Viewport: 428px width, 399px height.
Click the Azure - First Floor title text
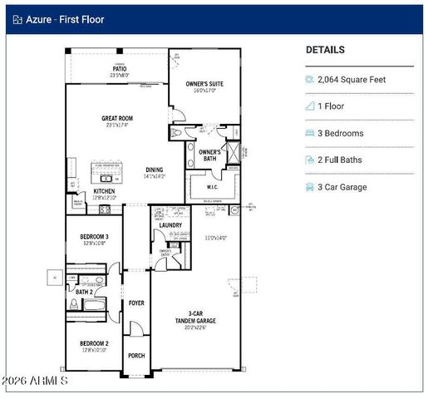(65, 19)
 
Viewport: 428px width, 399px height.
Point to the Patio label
(121, 69)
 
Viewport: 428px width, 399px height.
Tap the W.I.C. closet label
(212, 187)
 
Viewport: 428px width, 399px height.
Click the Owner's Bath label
(209, 152)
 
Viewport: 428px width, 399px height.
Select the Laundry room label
(170, 224)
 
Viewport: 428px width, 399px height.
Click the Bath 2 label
(84, 292)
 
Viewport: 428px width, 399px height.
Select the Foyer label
(136, 303)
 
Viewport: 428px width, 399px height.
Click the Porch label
(136, 355)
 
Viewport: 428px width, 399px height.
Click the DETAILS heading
(325, 50)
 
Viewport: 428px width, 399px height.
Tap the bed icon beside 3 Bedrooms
(310, 133)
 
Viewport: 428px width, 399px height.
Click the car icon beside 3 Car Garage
(310, 187)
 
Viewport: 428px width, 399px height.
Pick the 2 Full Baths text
(345, 160)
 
